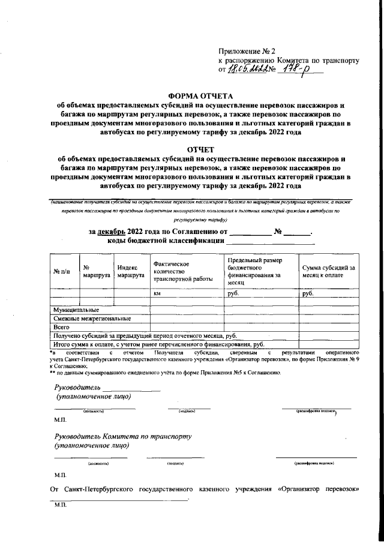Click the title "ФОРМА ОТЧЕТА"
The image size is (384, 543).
coord(199,95)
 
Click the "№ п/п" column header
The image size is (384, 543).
coord(62,272)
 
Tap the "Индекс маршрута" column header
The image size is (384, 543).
coord(131,272)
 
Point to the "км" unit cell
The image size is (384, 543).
coord(158,294)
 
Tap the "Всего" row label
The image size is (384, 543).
coord(62,328)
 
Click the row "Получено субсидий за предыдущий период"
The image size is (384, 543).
coord(145,336)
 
